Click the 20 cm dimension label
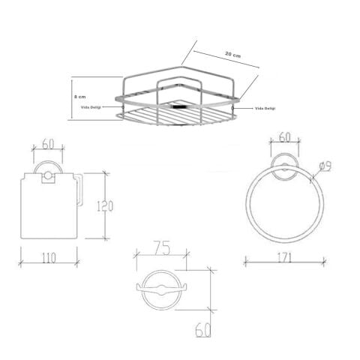pyautogui.click(x=232, y=55)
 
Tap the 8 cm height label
pyautogui.click(x=80, y=97)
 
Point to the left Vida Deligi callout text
pyautogui.click(x=91, y=107)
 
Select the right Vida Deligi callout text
pyautogui.click(x=265, y=109)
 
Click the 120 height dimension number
pyautogui.click(x=105, y=205)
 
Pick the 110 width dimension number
pyautogui.click(x=49, y=258)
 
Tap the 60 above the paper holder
pyautogui.click(x=48, y=144)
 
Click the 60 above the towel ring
pyautogui.click(x=285, y=137)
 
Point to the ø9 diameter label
pyautogui.click(x=325, y=166)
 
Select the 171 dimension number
pyautogui.click(x=285, y=257)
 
